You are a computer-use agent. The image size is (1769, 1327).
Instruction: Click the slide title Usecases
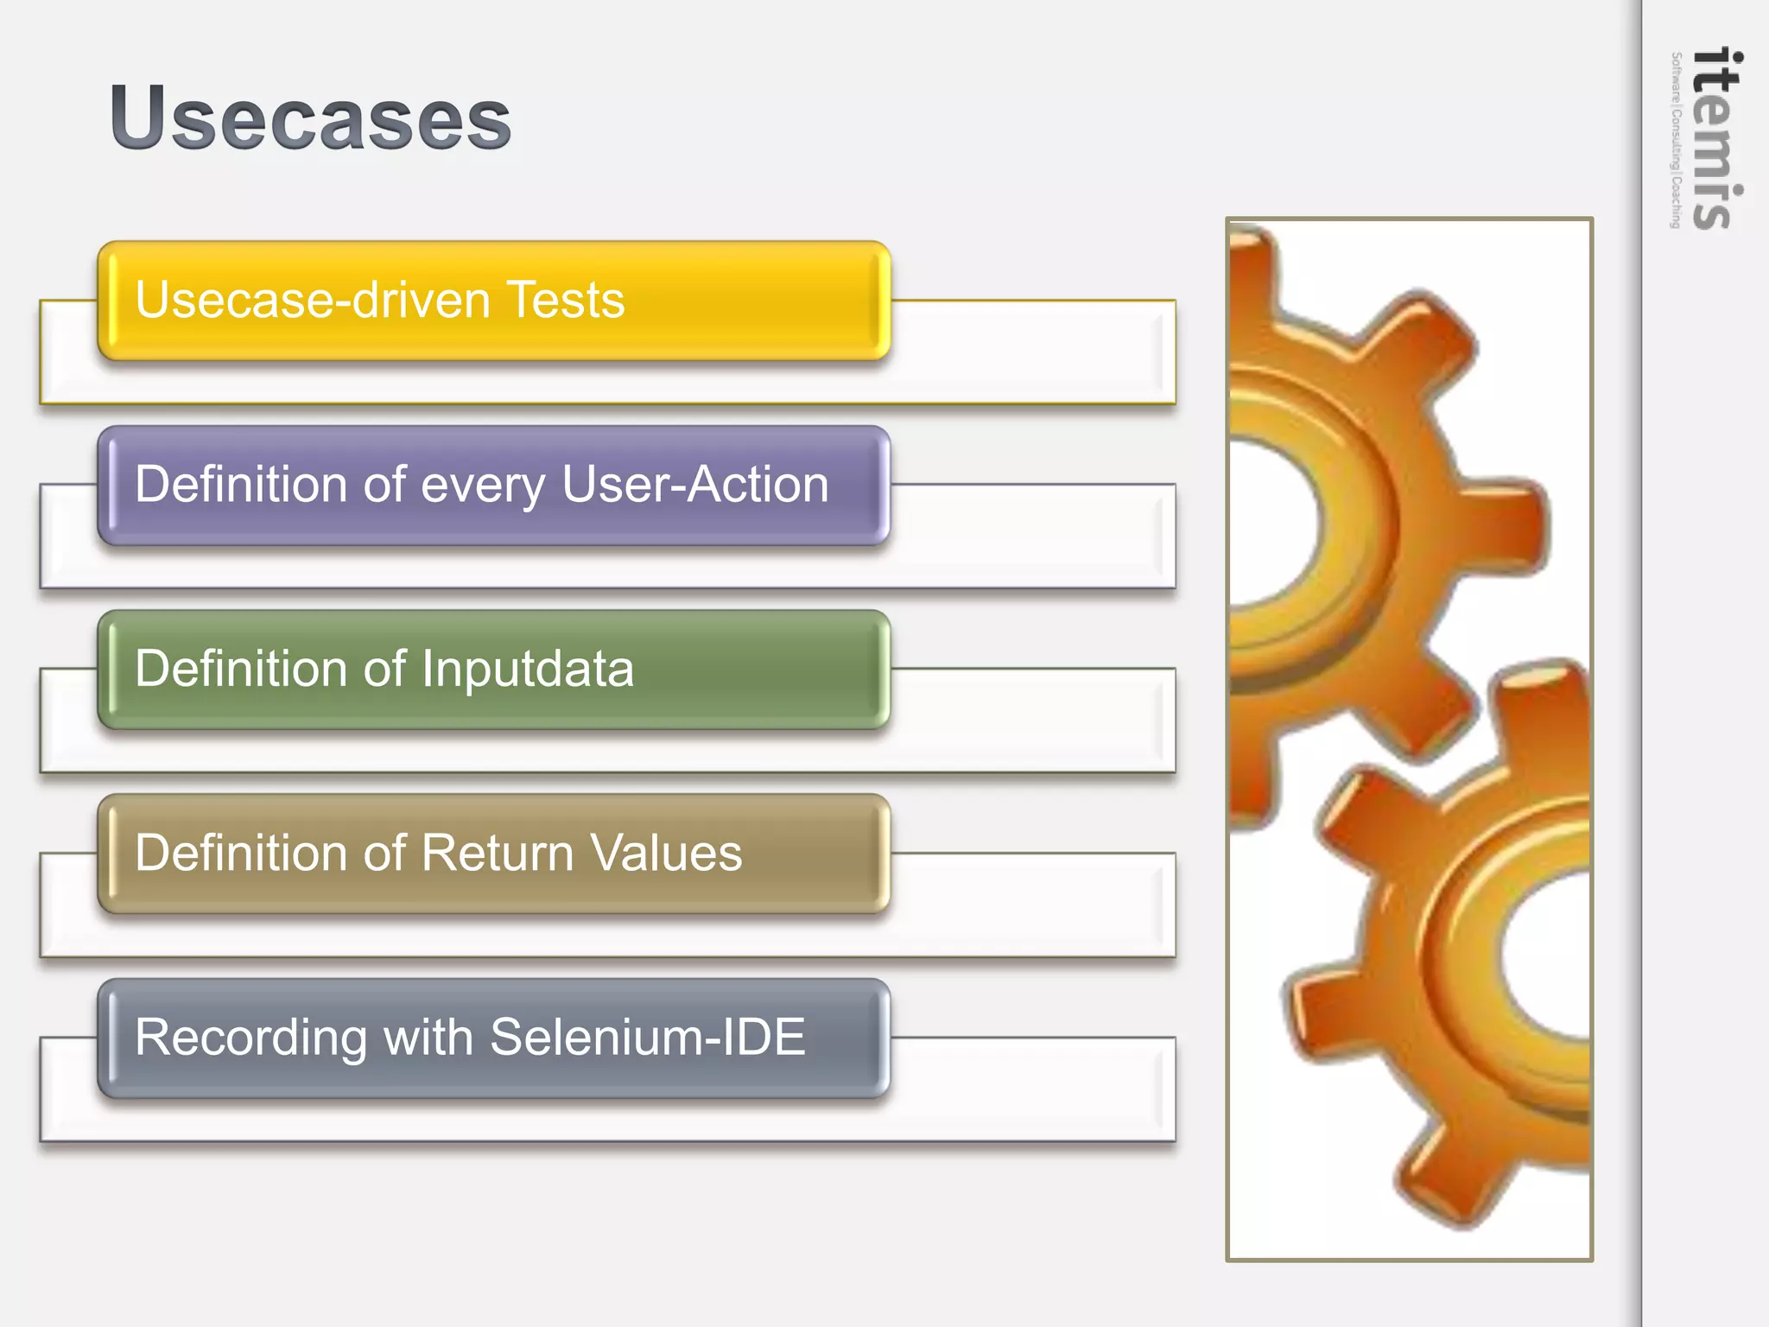click(310, 118)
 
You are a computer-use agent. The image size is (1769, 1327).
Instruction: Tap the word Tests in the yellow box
click(566, 300)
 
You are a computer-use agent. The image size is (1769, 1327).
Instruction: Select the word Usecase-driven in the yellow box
click(313, 300)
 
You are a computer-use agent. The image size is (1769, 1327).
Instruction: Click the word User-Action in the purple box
click(695, 484)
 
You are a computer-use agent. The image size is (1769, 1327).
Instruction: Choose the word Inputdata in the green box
click(528, 670)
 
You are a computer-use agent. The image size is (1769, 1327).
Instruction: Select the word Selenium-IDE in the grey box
click(647, 1037)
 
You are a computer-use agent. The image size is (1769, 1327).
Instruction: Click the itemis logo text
click(1716, 138)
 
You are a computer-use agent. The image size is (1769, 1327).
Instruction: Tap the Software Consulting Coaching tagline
click(1676, 140)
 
